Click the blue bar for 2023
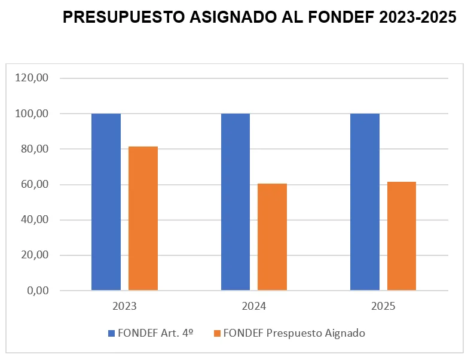pos(106,202)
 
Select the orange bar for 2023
pos(143,218)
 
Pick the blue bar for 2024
pos(235,202)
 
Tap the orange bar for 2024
pos(272,237)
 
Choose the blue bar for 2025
pos(365,202)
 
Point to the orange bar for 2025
pos(402,236)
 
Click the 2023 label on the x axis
pos(124,306)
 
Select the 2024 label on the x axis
pos(253,306)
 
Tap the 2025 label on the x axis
pos(383,306)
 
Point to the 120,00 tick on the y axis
pos(32,78)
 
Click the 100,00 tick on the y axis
pos(32,114)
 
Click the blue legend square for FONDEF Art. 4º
pos(111,333)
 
